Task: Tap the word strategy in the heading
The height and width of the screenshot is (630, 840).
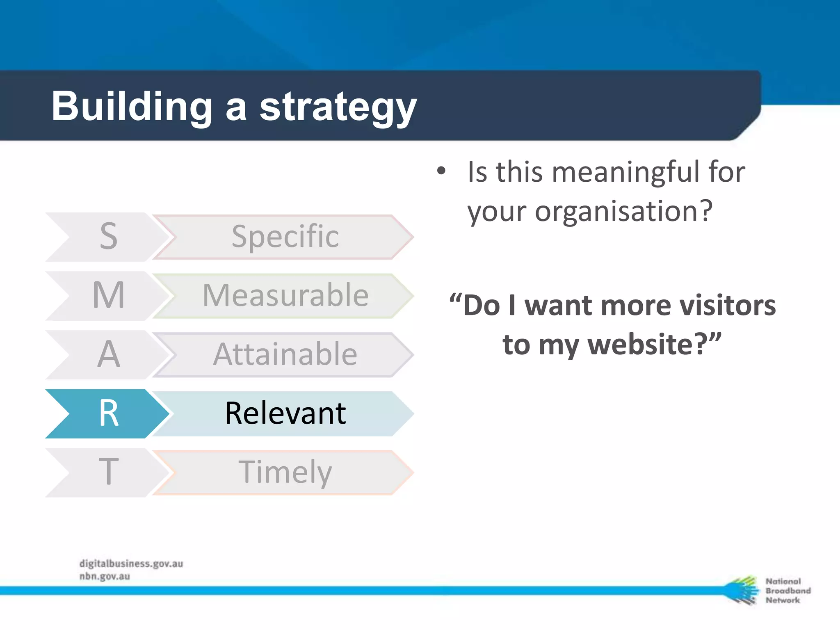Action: (x=338, y=107)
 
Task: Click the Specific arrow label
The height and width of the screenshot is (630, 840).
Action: (x=285, y=237)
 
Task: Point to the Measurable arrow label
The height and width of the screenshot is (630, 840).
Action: (x=285, y=295)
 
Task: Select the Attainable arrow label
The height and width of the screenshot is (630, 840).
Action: (x=285, y=354)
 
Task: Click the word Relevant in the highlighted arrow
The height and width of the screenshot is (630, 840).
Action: (x=285, y=413)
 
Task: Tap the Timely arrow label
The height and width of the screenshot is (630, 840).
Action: (x=285, y=472)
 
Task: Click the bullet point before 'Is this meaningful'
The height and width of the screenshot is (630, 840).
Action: (x=441, y=171)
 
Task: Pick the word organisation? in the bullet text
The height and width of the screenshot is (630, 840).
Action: (x=623, y=212)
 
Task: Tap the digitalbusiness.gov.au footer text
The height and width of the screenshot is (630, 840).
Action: (x=131, y=564)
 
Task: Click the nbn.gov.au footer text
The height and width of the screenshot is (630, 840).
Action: (x=105, y=576)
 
